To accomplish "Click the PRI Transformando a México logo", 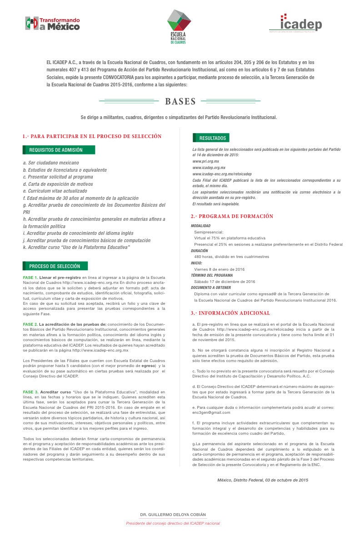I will pyautogui.click(x=52, y=24).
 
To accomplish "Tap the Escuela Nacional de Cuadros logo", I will pyautogui.click(x=179, y=26).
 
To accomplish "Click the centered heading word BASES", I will pyautogui.click(x=180, y=101).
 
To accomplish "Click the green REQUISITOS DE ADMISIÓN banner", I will pyautogui.click(x=59, y=150).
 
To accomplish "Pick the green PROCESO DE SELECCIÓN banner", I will pyautogui.click(x=55, y=266).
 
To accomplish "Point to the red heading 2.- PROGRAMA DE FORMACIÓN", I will pyautogui.click(x=232, y=216).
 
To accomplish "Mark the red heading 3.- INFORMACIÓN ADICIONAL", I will pyautogui.click(x=230, y=313).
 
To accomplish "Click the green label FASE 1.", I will pyautogui.click(x=30, y=277).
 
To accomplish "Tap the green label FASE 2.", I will pyautogui.click(x=30, y=324).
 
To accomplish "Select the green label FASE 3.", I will pyautogui.click(x=30, y=392).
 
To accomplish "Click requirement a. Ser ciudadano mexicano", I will pyautogui.click(x=51, y=163).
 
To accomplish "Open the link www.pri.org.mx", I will pyautogui.click(x=205, y=161).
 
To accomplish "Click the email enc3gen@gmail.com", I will pyautogui.click(x=211, y=412).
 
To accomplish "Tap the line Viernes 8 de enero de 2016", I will pyautogui.click(x=219, y=269).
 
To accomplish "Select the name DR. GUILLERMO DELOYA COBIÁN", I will pyautogui.click(x=173, y=514).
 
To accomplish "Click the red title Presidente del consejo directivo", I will pyautogui.click(x=173, y=523).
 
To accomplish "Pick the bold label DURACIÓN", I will pyautogui.click(x=200, y=250).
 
